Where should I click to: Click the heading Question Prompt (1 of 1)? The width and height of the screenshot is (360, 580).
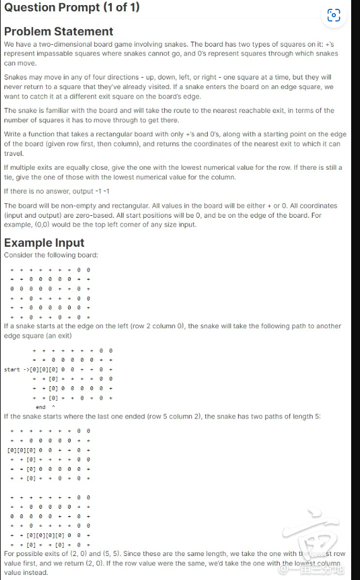(71, 8)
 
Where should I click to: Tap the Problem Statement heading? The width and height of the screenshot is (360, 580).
(59, 32)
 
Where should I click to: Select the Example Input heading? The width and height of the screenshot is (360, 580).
(44, 244)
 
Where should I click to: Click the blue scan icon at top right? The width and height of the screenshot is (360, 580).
(334, 15)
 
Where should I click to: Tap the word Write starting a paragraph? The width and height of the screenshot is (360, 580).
(13, 134)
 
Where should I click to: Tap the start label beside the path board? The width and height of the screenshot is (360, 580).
(12, 369)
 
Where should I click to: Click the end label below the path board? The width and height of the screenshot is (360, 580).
(40, 407)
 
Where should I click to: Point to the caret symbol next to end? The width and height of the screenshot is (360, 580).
(53, 407)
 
